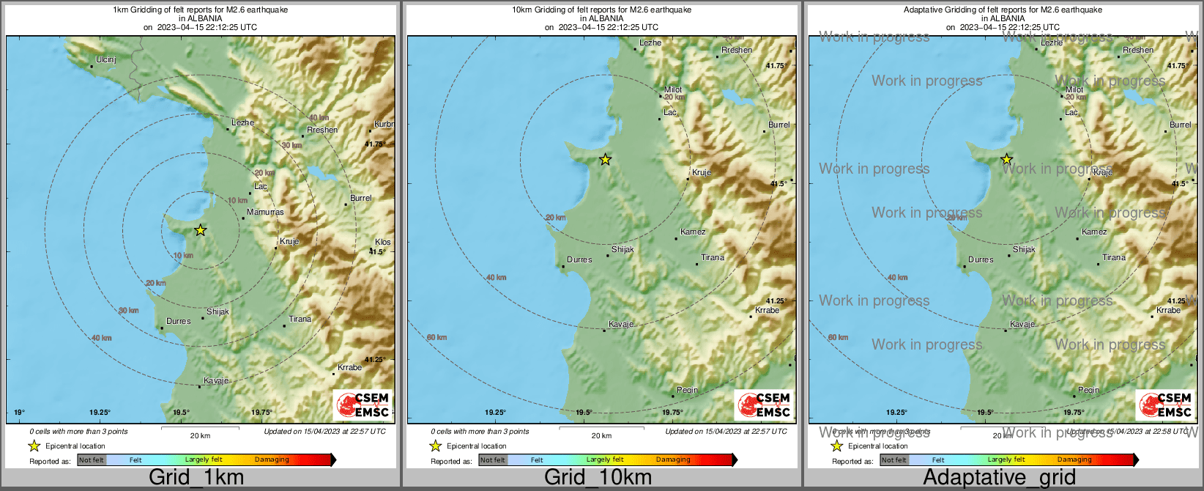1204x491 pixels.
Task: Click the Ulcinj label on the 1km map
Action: (x=106, y=59)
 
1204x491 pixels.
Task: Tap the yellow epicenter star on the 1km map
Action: (x=200, y=230)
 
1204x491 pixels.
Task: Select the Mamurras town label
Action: (x=265, y=212)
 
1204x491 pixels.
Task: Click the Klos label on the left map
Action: (x=382, y=242)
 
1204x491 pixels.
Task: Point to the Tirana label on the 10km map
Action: (x=713, y=257)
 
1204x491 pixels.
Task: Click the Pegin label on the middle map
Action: (x=687, y=390)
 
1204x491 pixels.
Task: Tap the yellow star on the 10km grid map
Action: (x=605, y=159)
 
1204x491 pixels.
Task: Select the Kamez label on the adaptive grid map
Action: (x=1094, y=232)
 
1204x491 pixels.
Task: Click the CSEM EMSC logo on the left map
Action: (x=363, y=405)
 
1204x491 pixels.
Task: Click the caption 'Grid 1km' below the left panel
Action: (x=196, y=478)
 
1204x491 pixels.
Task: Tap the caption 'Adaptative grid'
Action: (x=999, y=478)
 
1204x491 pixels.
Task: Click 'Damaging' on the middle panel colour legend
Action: (x=673, y=459)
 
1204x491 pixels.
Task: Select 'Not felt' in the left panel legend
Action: (x=92, y=460)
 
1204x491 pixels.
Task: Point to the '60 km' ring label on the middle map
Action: (x=436, y=337)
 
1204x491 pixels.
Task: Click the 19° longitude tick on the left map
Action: (x=19, y=413)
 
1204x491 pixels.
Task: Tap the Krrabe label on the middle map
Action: (x=767, y=310)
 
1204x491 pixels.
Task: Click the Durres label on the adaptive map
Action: (x=981, y=259)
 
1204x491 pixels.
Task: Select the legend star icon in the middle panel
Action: (x=435, y=446)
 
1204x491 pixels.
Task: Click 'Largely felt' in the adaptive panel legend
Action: (x=1006, y=459)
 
